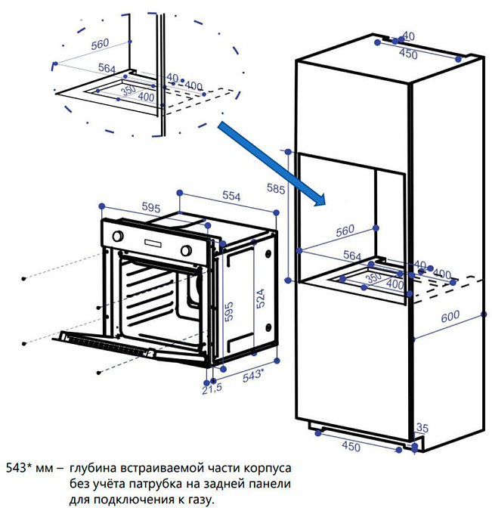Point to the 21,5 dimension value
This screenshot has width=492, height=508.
coord(212,388)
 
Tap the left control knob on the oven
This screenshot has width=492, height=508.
coord(118,237)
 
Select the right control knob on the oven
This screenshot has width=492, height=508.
coord(185,250)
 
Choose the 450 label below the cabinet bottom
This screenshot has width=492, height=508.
coord(351,447)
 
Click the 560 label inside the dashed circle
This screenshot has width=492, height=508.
coord(100,45)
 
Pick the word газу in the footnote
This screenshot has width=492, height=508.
coord(200,499)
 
